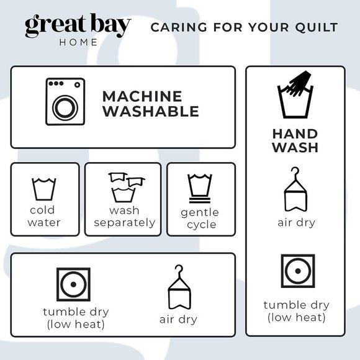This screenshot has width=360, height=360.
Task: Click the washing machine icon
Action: pyautogui.click(x=65, y=102)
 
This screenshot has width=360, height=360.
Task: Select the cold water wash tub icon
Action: pyautogui.click(x=44, y=189)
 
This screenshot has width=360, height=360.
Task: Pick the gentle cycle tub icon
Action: pyautogui.click(x=200, y=189)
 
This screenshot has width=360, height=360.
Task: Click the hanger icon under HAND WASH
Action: pyautogui.click(x=295, y=189)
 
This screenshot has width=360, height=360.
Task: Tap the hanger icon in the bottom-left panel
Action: pyautogui.click(x=179, y=287)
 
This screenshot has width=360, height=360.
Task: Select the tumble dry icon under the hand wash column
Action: pyautogui.click(x=298, y=271)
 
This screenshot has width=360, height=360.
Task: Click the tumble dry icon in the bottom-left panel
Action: pyautogui.click(x=73, y=284)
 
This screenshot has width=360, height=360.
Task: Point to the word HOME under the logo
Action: pyautogui.click(x=78, y=42)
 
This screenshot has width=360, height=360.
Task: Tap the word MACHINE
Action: pyautogui.click(x=142, y=96)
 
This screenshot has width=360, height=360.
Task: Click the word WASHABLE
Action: pyautogui.click(x=151, y=111)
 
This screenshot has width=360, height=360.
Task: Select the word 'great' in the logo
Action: pyautogui.click(x=55, y=25)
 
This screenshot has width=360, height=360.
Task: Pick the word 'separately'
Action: pyautogui.click(x=125, y=223)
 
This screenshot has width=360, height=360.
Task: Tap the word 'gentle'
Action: pyautogui.click(x=200, y=213)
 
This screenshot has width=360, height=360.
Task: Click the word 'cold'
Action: pyautogui.click(x=42, y=210)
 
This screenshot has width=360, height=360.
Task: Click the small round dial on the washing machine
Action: pyautogui.click(x=78, y=84)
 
